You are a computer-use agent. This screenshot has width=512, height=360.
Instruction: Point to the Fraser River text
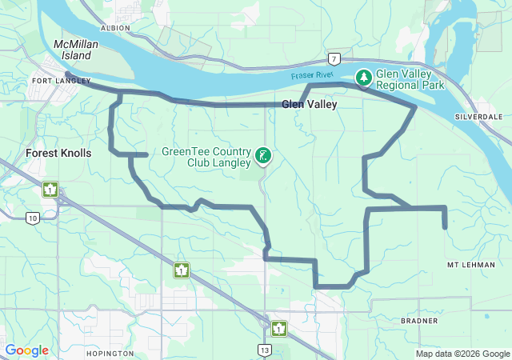pyautogui.click(x=311, y=75)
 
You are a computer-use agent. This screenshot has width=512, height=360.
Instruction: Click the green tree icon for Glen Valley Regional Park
pyautogui.click(x=364, y=77)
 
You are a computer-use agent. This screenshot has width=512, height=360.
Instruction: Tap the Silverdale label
pyautogui.click(x=478, y=116)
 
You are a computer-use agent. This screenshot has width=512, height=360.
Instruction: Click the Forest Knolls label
pyautogui.click(x=58, y=153)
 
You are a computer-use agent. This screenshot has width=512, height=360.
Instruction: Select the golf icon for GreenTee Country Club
pyautogui.click(x=263, y=155)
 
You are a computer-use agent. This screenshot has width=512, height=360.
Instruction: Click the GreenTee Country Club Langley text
pyautogui.click(x=206, y=156)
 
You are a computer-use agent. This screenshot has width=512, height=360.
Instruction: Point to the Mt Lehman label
pyautogui.click(x=468, y=264)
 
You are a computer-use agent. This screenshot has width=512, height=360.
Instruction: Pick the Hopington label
pyautogui.click(x=109, y=353)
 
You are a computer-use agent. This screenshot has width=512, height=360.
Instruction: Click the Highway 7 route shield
pyautogui.click(x=333, y=58)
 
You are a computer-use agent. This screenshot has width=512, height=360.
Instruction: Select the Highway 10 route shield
pyautogui.click(x=32, y=218)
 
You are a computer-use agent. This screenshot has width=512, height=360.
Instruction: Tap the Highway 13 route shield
pyautogui.click(x=264, y=349)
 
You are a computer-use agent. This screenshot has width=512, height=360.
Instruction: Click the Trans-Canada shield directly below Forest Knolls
pyautogui.click(x=50, y=190)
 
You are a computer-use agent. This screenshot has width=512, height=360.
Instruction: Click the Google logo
pyautogui.click(x=26, y=350)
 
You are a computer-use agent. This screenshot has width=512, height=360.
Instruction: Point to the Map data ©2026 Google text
pyautogui.click(x=462, y=354)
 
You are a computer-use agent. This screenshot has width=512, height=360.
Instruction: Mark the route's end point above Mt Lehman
pyautogui.click(x=445, y=228)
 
